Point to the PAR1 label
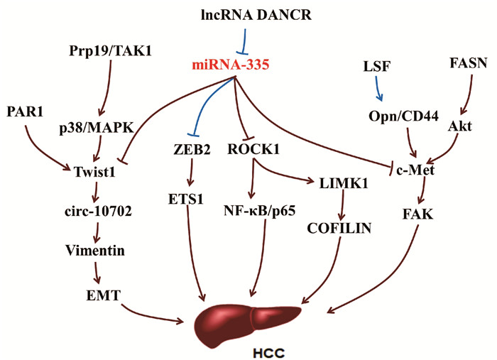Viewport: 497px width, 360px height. point(26,111)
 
